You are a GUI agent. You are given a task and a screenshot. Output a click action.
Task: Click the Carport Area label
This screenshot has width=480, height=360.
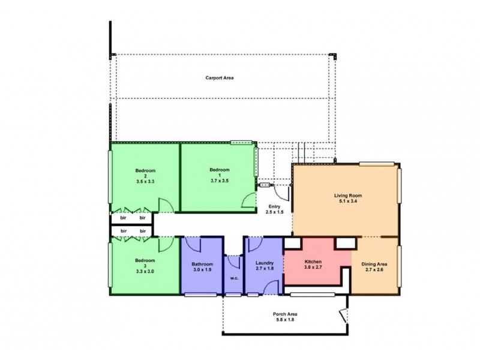tap(219, 78)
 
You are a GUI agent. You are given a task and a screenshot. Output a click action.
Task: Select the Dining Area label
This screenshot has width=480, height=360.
tap(374, 263)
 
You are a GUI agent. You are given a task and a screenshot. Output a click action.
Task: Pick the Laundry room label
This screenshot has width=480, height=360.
tap(264, 263)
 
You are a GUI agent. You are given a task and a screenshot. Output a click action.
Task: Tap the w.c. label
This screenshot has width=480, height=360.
tap(233, 278)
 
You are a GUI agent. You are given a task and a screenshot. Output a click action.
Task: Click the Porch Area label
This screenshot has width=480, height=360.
tap(285, 314)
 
